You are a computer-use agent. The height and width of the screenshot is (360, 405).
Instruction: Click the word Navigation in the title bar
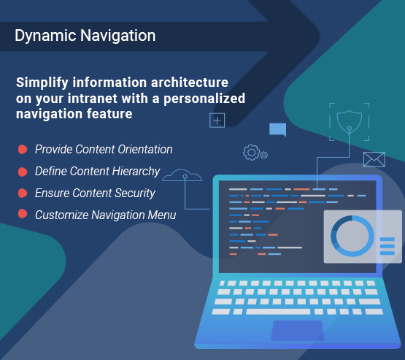[x=117, y=36]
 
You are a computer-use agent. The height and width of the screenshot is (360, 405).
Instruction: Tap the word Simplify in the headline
[x=42, y=83]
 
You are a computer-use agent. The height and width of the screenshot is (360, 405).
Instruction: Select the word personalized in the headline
[x=204, y=99]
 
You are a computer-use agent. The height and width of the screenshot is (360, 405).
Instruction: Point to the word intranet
[x=93, y=99]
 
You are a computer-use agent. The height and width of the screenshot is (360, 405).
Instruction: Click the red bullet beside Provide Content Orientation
[x=23, y=150]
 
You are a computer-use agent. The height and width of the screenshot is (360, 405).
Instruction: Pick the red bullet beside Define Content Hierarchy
[x=23, y=172]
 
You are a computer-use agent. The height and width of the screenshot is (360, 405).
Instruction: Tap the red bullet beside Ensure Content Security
[x=23, y=194]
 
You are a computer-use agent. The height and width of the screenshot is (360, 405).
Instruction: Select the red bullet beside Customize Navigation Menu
[x=23, y=214]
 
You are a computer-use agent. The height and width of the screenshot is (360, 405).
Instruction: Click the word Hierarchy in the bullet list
[x=136, y=172]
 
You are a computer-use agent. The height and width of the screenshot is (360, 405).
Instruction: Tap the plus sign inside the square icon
[x=217, y=120]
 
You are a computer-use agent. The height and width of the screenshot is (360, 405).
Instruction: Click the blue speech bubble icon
[x=278, y=129]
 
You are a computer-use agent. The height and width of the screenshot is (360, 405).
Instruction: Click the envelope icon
[x=374, y=159]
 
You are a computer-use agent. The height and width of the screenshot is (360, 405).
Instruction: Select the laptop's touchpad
[x=298, y=331]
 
